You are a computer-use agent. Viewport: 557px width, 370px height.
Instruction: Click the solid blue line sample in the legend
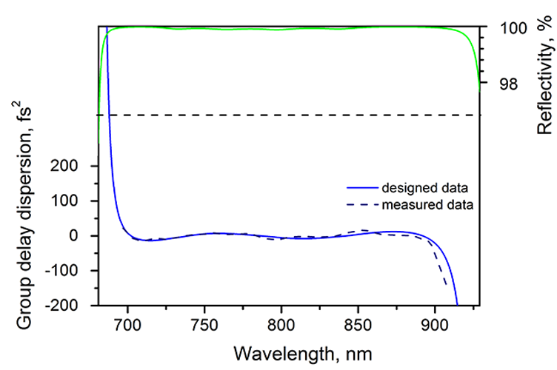359,186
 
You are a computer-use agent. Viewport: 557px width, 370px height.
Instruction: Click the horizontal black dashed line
296,115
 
